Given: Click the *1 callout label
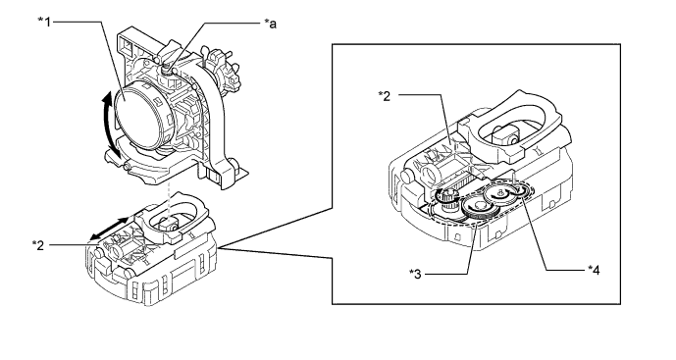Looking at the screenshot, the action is (x=44, y=22).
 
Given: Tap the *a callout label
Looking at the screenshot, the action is (x=271, y=24).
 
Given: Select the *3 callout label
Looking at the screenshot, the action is (x=416, y=274).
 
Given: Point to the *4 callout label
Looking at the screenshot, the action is (x=594, y=271).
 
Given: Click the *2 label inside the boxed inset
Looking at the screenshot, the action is (x=385, y=96).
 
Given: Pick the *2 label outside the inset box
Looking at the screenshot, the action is (x=38, y=245).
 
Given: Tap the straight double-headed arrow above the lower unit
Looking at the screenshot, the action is (x=110, y=229).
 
